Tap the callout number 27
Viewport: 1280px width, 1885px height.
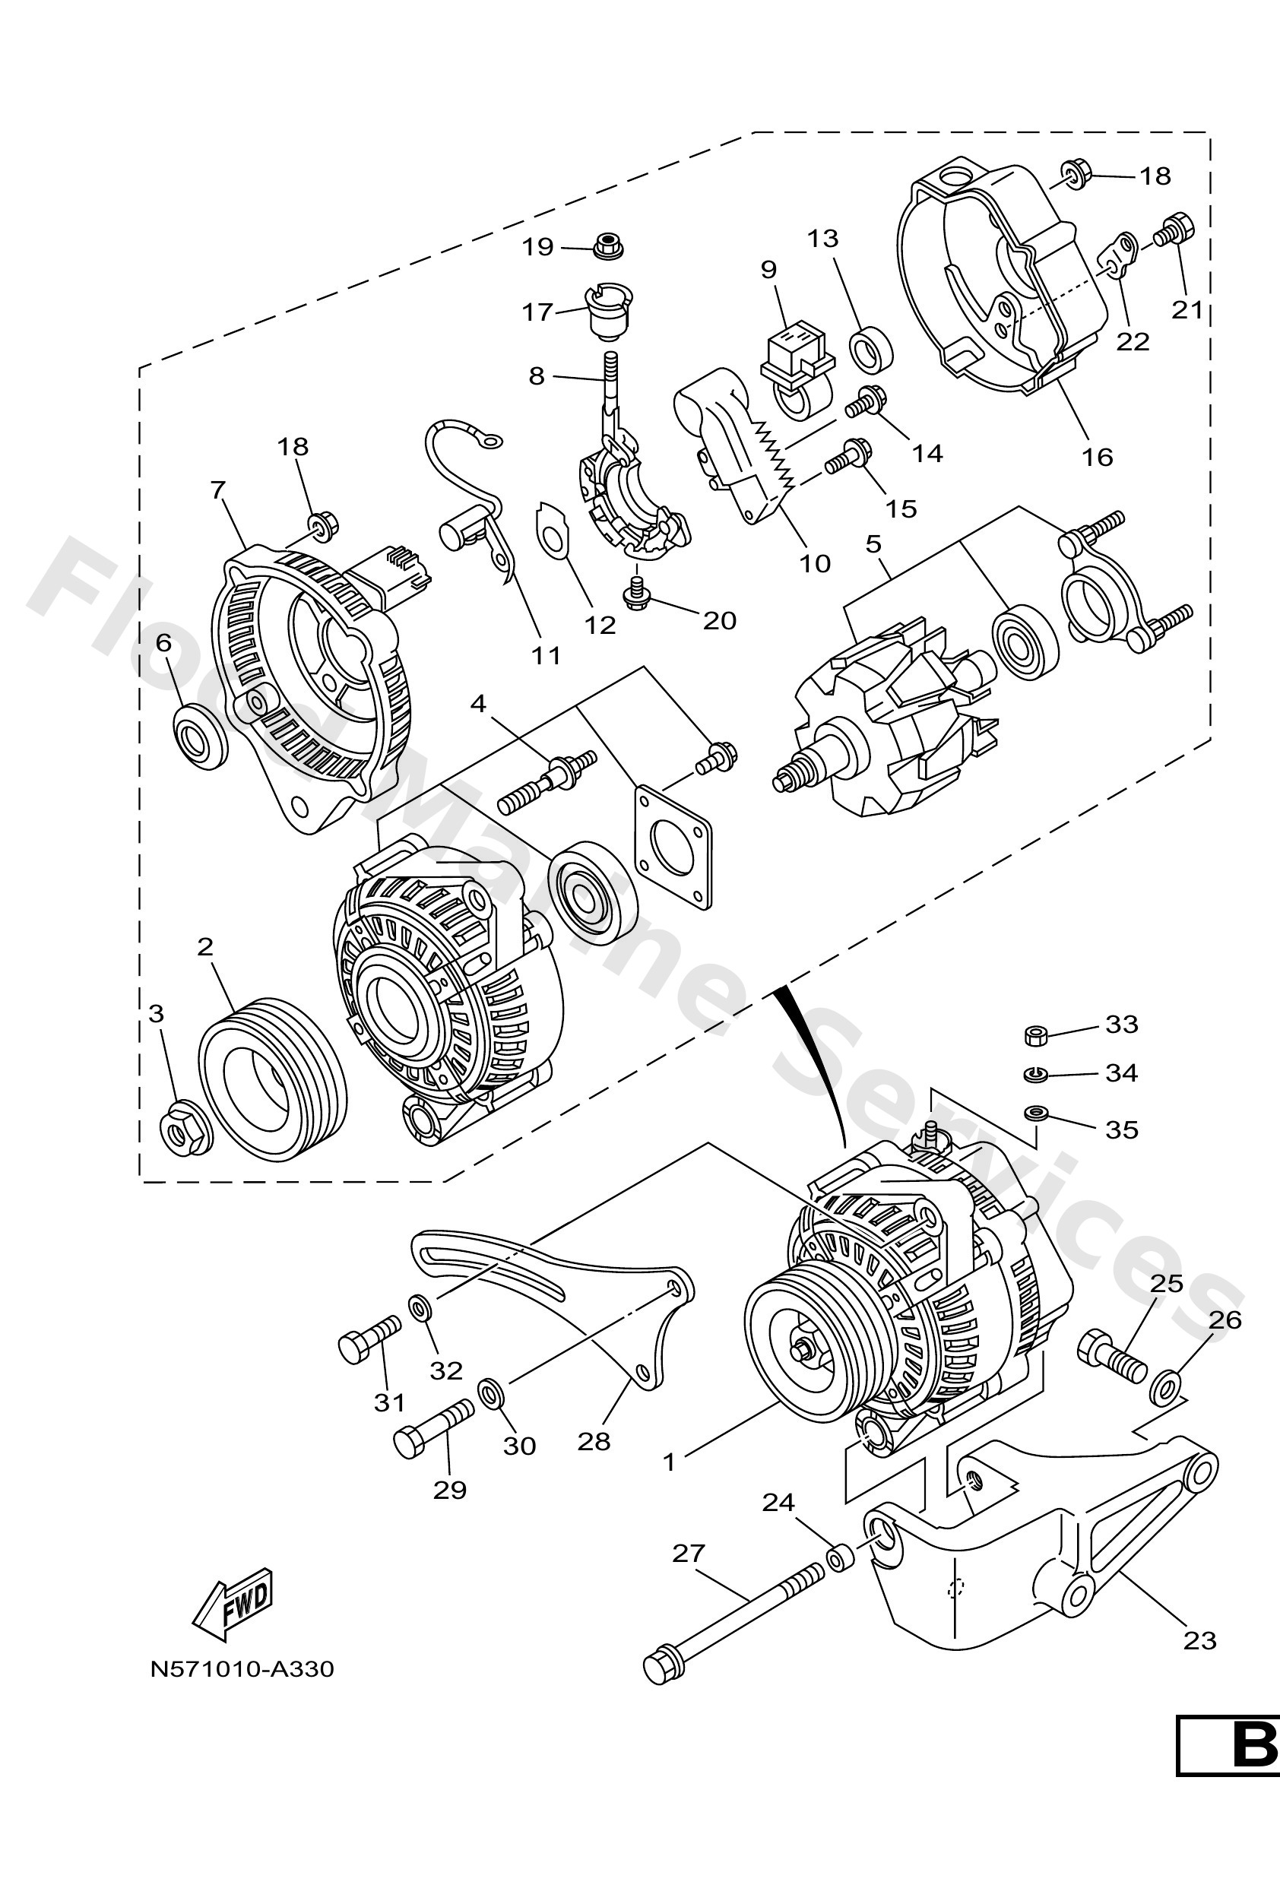tap(689, 1554)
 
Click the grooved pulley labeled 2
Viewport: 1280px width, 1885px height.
tap(272, 1080)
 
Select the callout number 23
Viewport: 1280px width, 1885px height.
tap(1199, 1641)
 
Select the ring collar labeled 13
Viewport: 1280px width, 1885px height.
tap(870, 347)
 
